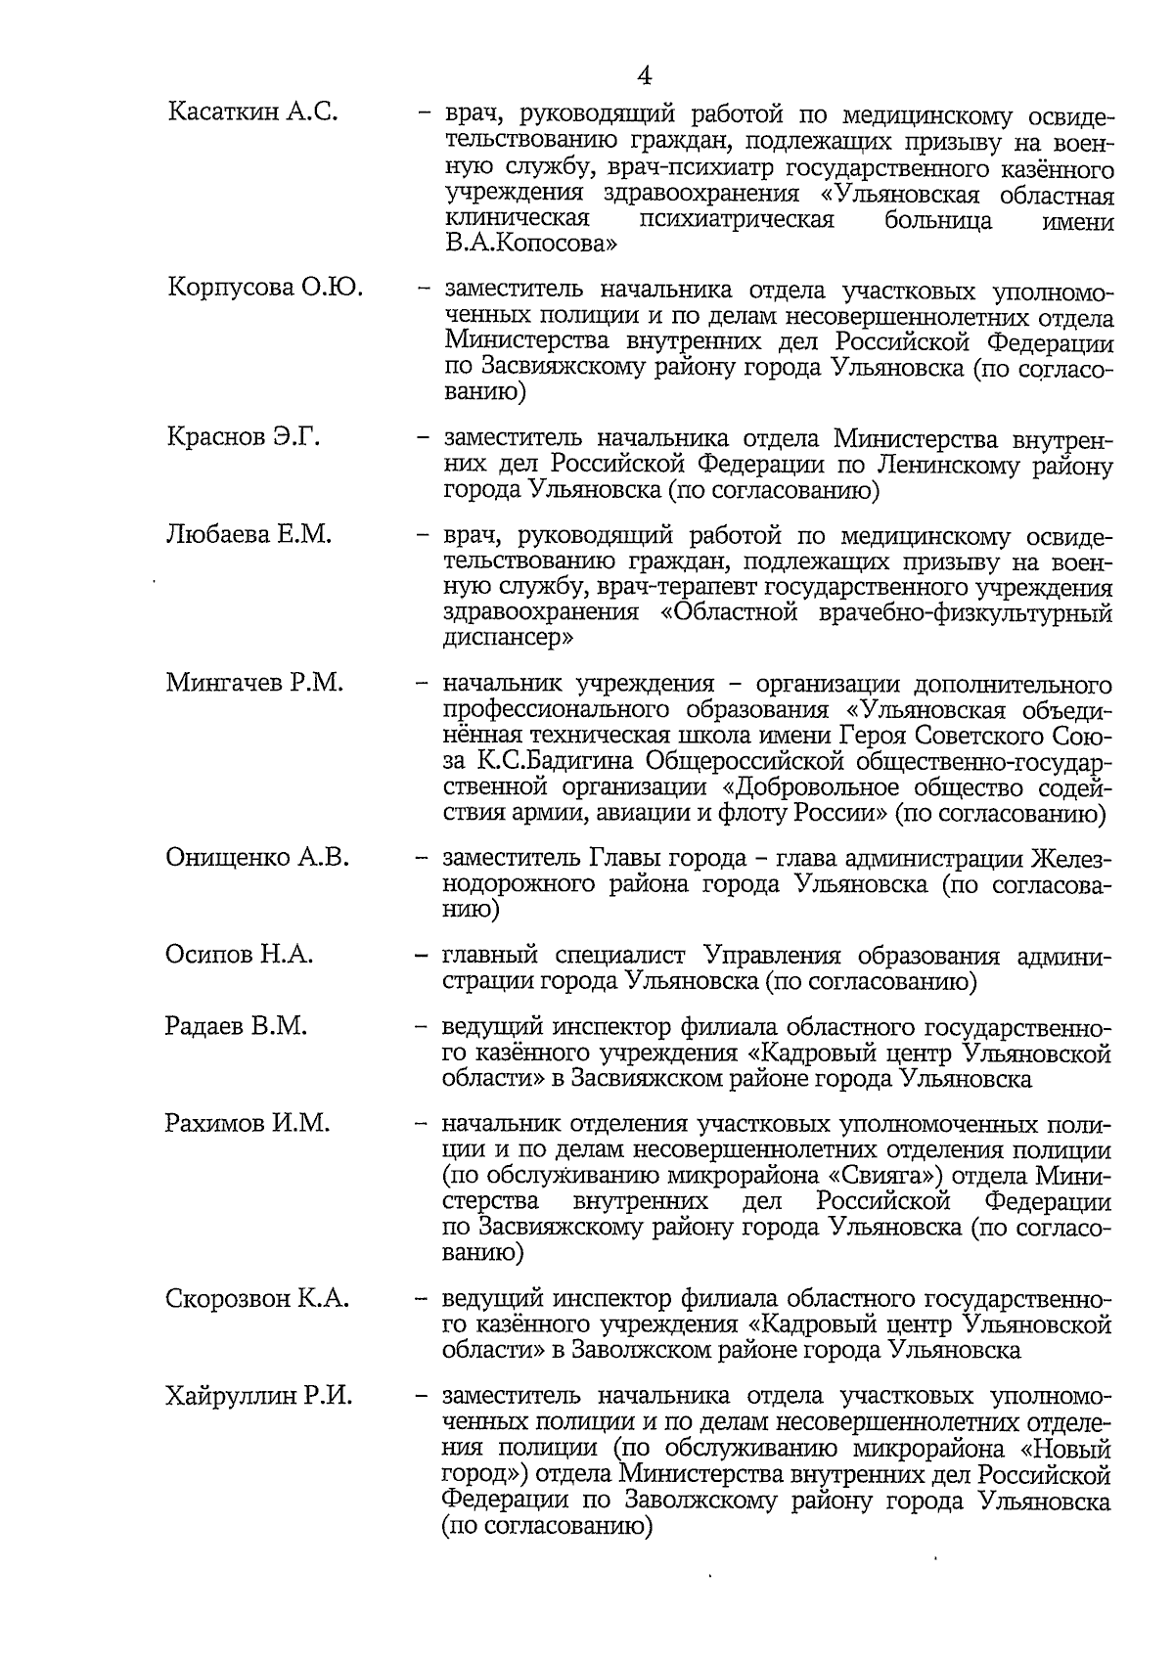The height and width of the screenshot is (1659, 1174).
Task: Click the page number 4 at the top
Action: coord(645,75)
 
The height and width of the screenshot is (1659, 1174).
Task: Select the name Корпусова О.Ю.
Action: coord(265,289)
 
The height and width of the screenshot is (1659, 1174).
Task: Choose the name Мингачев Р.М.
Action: coord(254,682)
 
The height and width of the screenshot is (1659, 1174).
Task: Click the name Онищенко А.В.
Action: coord(257,858)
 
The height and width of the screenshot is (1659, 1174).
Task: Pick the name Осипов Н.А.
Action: coord(239,955)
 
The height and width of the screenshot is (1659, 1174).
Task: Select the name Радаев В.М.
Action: coord(236,1026)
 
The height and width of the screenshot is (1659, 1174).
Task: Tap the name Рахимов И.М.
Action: coord(248,1123)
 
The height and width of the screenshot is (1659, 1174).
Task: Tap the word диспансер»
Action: coord(510,640)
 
